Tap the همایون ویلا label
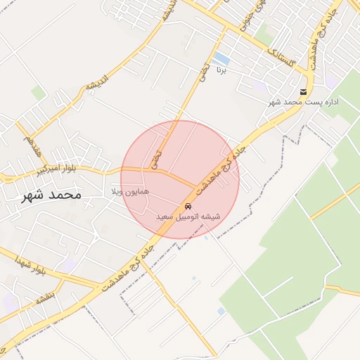coord(127,191)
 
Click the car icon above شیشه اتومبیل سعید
coord(188,206)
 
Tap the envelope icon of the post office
coord(303,92)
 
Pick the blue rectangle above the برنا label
coord(221,57)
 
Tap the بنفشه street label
coord(46,297)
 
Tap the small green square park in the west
coord(38,93)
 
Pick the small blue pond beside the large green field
coord(221,310)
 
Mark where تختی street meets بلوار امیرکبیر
coord(153,170)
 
